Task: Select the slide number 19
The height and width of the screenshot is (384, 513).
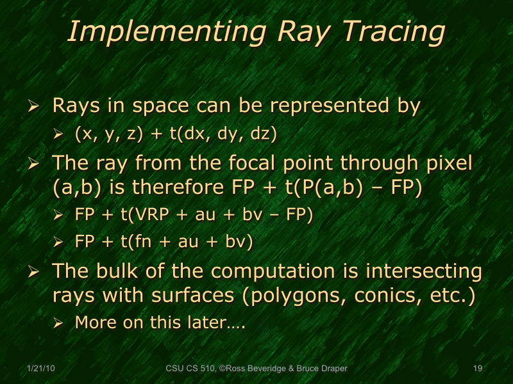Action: coord(477,369)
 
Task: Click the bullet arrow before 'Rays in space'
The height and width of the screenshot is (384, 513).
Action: coord(36,106)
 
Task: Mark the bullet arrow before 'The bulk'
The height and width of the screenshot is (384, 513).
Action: coord(36,272)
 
